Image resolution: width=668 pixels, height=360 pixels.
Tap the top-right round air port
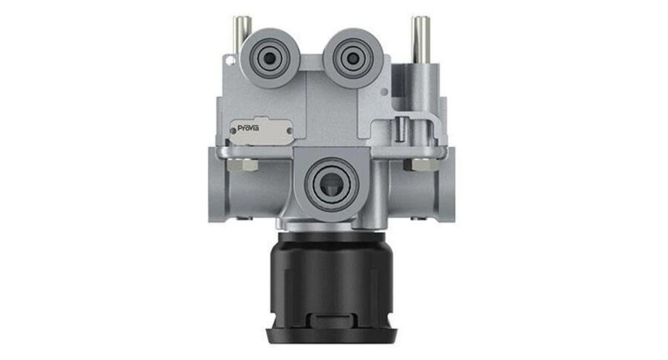pyautogui.click(x=351, y=56)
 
